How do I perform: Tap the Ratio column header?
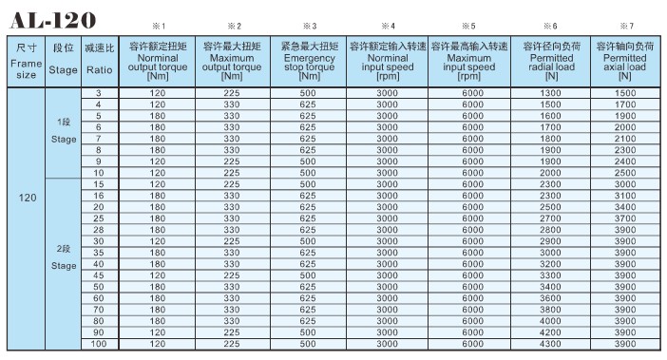click(x=98, y=60)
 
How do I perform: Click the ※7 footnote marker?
click(x=625, y=26)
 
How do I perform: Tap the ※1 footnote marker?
click(x=159, y=26)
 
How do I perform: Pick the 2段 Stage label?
click(x=64, y=257)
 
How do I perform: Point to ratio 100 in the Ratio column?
click(x=98, y=343)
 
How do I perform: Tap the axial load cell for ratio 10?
click(x=625, y=173)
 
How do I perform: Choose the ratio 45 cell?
click(x=98, y=275)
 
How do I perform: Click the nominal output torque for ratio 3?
click(x=158, y=92)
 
